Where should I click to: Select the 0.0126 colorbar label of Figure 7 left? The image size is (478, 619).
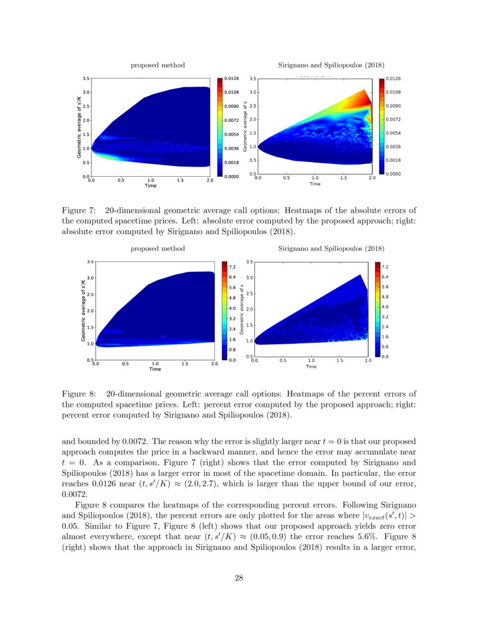(232, 78)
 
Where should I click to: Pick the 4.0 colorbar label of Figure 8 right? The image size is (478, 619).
(386, 307)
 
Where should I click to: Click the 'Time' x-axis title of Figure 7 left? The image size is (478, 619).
(150, 186)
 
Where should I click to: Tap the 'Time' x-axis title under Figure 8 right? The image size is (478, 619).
(311, 366)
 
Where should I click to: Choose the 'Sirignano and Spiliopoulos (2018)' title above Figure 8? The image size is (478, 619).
(331, 248)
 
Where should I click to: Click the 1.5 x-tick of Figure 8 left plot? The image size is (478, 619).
(184, 364)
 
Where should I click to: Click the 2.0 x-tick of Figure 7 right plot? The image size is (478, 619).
(371, 178)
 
